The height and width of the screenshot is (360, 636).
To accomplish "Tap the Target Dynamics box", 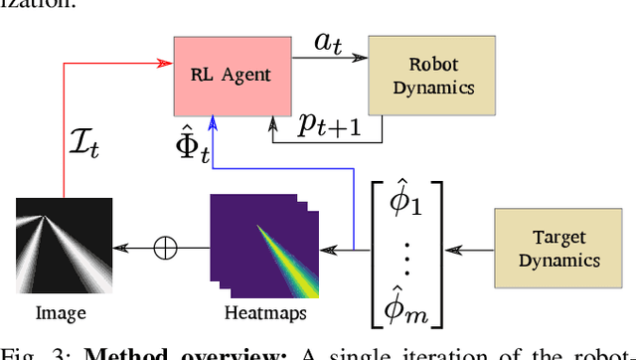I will tap(559, 249).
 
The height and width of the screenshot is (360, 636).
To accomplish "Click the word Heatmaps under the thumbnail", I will tap(263, 313).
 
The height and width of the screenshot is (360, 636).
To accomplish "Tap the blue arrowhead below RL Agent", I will tap(213, 120).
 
